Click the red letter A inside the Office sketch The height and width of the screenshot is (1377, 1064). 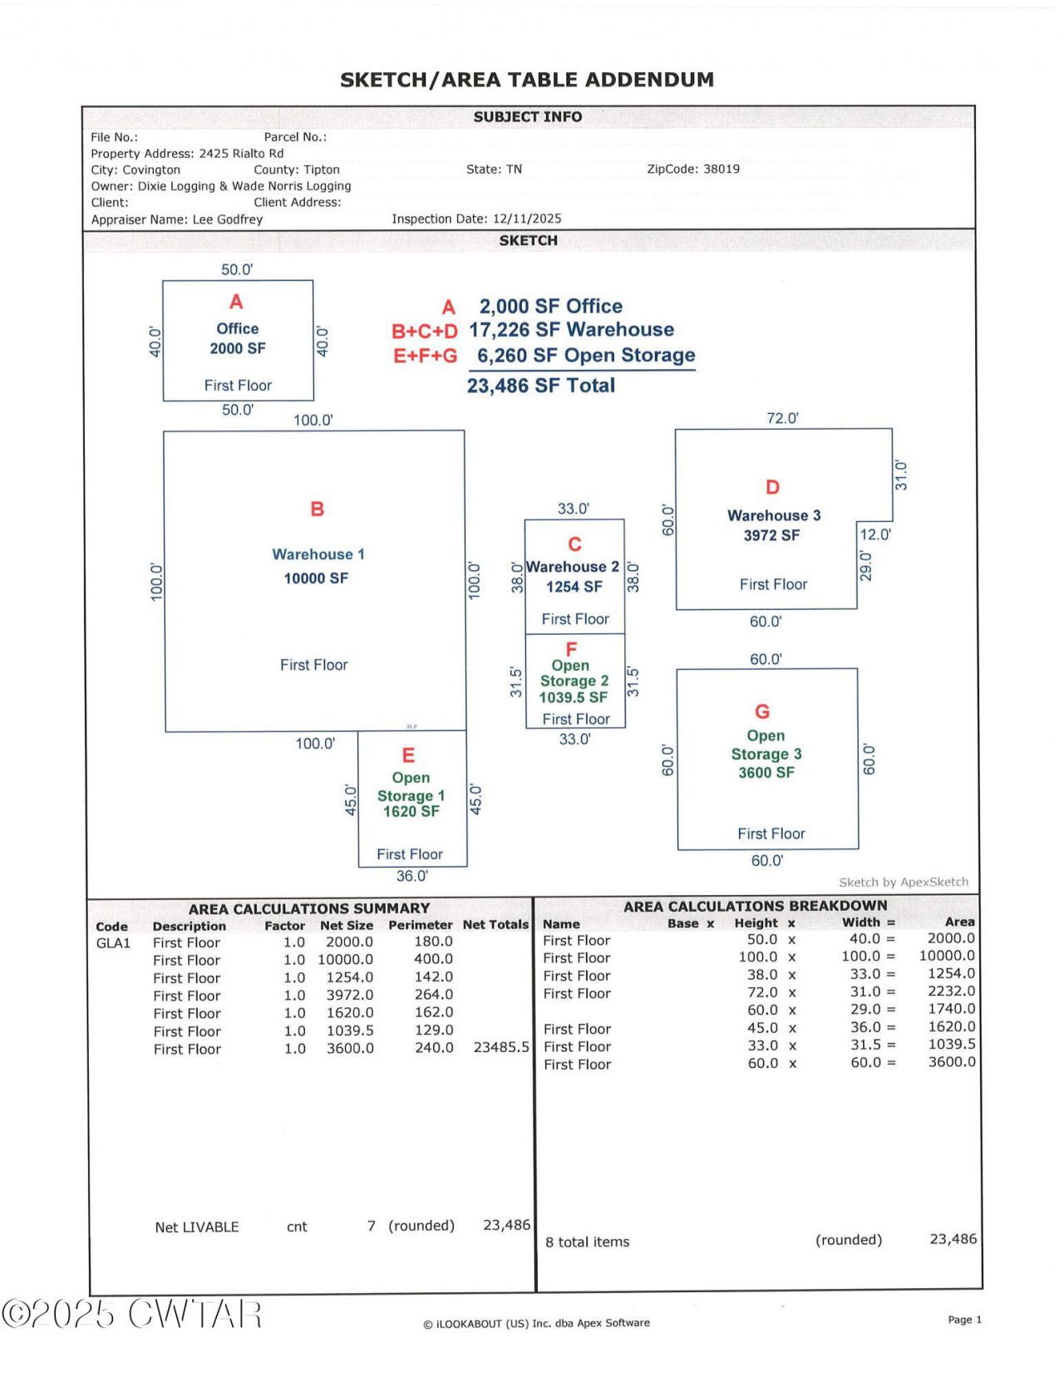(x=236, y=302)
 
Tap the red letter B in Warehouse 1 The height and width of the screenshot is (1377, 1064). (x=317, y=509)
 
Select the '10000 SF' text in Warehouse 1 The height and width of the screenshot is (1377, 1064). (x=316, y=578)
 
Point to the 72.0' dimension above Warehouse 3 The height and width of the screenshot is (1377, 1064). (x=782, y=418)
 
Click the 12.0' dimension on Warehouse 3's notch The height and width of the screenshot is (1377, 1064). (x=874, y=534)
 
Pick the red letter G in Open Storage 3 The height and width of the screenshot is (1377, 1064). (x=762, y=712)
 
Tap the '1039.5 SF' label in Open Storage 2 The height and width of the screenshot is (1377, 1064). (x=573, y=698)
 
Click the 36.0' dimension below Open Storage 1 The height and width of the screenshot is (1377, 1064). (x=411, y=876)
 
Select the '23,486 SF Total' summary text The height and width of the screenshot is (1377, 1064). (x=541, y=386)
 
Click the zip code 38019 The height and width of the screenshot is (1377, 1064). (x=721, y=169)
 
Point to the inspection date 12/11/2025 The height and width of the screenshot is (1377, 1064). (x=526, y=219)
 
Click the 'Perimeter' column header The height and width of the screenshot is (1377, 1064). (x=420, y=925)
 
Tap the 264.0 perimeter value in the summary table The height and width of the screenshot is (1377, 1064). (x=434, y=995)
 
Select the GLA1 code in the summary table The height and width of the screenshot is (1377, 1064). (x=113, y=943)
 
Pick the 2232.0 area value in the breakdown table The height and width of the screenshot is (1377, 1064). (x=951, y=991)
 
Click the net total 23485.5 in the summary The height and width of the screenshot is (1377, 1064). (x=501, y=1047)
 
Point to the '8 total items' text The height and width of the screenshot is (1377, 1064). (x=587, y=1242)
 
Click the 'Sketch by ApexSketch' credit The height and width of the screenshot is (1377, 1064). (x=904, y=883)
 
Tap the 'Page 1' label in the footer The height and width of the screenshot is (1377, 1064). (x=964, y=1320)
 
